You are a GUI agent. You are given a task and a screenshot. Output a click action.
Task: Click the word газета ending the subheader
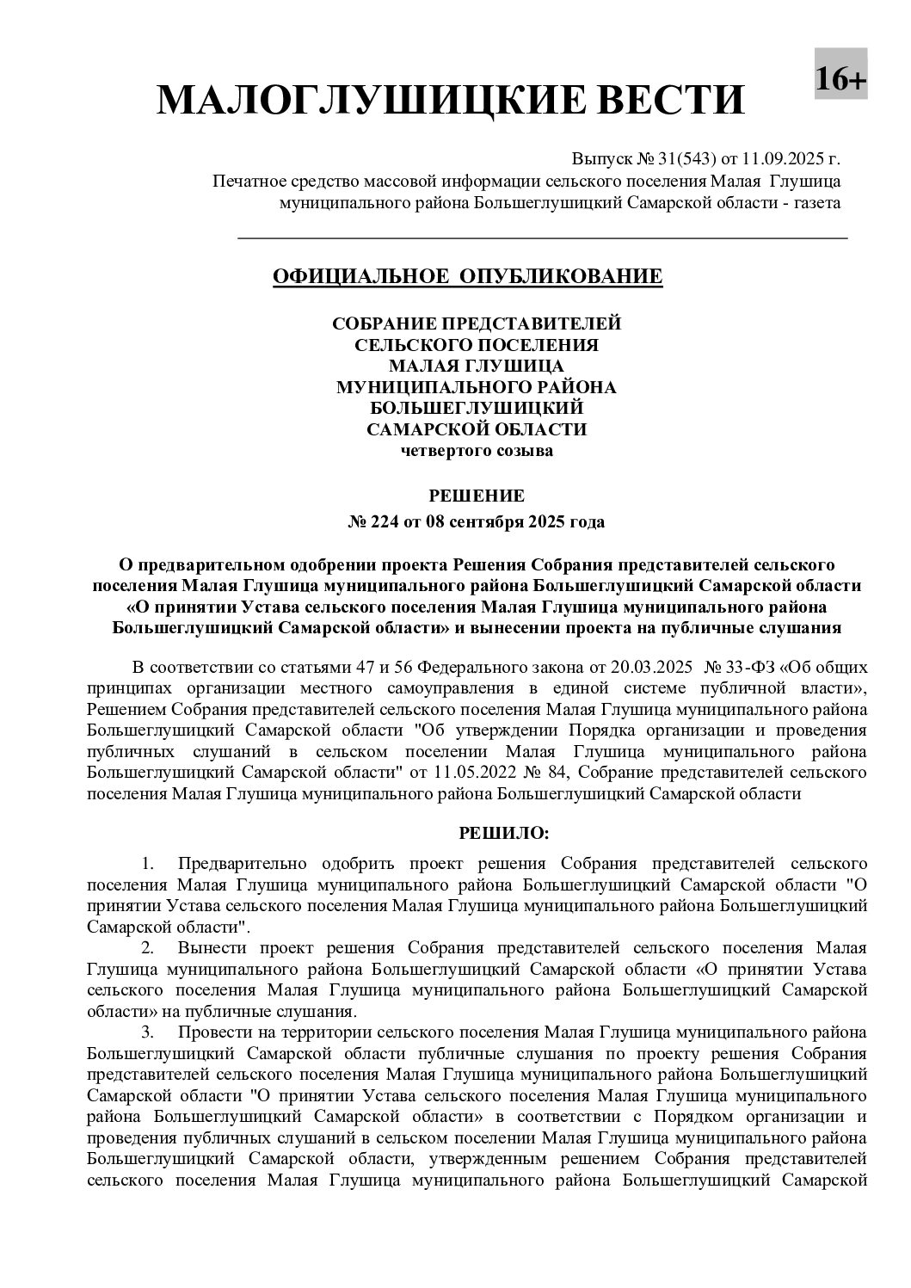[x=818, y=203]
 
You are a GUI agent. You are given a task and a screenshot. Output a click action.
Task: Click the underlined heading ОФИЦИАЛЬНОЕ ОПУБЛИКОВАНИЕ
[x=467, y=276]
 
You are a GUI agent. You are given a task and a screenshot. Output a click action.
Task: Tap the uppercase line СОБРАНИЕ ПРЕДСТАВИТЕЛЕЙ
[x=476, y=324]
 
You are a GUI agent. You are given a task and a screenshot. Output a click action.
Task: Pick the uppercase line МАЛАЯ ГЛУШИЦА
[x=476, y=366]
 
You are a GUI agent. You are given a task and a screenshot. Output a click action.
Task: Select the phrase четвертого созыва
[x=476, y=450]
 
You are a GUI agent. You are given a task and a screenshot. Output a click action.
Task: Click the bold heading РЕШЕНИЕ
[x=476, y=496]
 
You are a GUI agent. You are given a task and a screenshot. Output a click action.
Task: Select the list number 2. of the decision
[x=148, y=948]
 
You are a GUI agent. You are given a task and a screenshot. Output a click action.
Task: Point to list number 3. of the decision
[x=148, y=1032]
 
